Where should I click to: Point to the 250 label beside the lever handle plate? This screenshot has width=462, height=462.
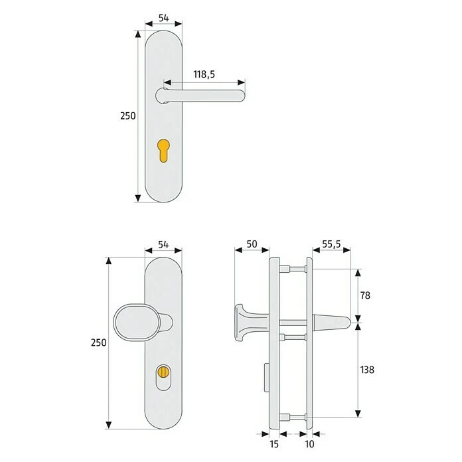[x=127, y=116]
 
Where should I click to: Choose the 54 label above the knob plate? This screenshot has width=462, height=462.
[x=163, y=246]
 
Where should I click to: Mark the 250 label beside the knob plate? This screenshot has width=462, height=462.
[x=98, y=343]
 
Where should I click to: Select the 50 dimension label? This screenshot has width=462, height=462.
[x=252, y=245]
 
